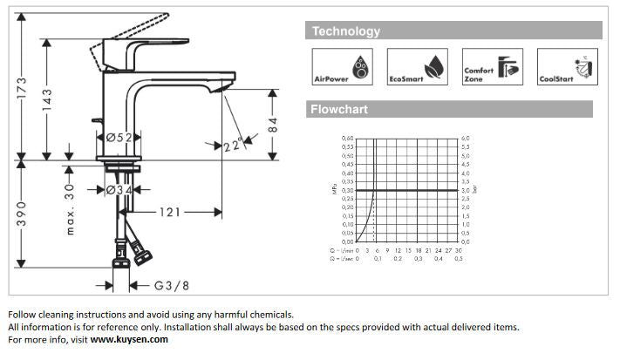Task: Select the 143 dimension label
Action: coord(48,101)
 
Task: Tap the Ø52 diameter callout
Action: coord(119,138)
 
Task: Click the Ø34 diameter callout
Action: coord(119,189)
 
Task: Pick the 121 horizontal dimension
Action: coord(171,212)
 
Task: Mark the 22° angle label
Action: coord(231,146)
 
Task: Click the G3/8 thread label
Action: coord(172,284)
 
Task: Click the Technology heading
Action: coord(346,31)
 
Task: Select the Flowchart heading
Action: coord(340,110)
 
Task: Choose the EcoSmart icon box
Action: coord(417,66)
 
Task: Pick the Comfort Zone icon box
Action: coord(492,66)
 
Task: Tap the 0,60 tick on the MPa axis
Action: coord(348,139)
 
